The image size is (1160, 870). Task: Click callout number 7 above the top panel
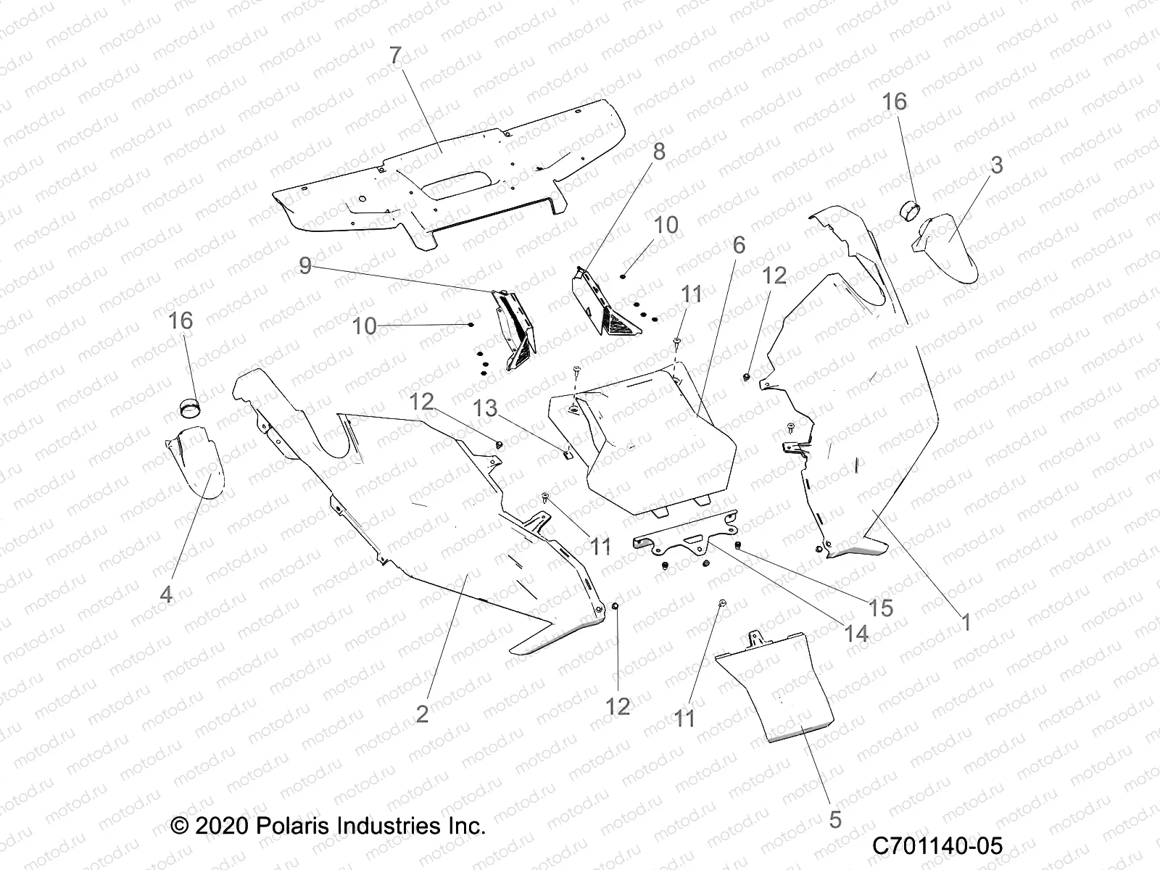pyautogui.click(x=395, y=56)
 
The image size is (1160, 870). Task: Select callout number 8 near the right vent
pyautogui.click(x=658, y=152)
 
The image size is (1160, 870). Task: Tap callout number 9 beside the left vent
pyautogui.click(x=305, y=266)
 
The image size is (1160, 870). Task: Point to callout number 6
pyautogui.click(x=739, y=245)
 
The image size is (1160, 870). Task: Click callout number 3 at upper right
pyautogui.click(x=996, y=165)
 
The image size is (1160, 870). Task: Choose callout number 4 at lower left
pyautogui.click(x=166, y=594)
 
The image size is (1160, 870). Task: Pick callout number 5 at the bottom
pyautogui.click(x=835, y=820)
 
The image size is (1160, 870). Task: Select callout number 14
pyautogui.click(x=856, y=634)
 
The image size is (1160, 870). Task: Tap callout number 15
pyautogui.click(x=882, y=608)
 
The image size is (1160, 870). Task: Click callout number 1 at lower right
pyautogui.click(x=966, y=622)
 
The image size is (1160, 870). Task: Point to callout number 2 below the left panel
pyautogui.click(x=423, y=713)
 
